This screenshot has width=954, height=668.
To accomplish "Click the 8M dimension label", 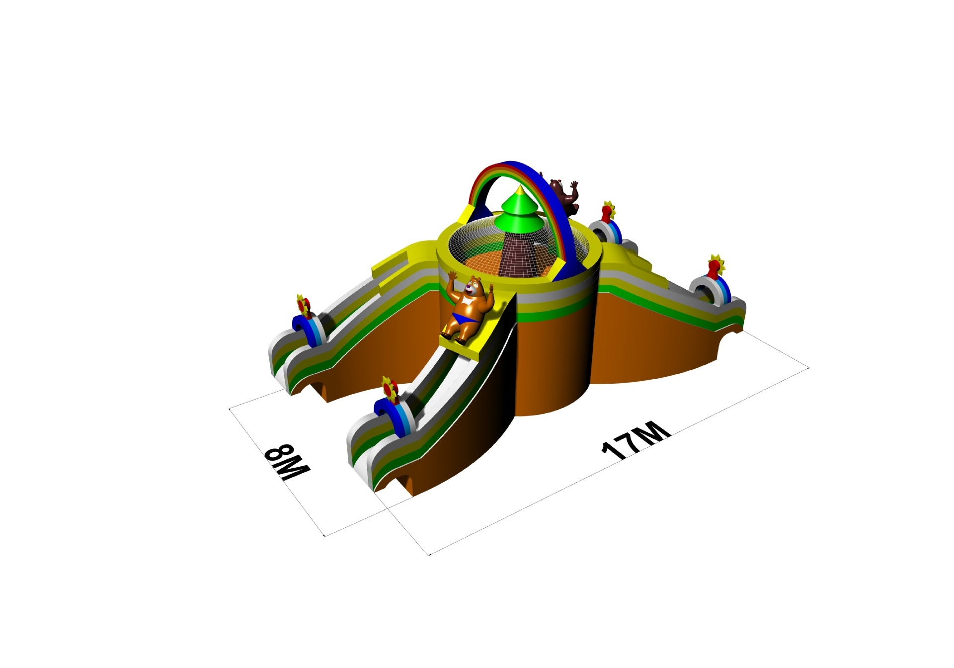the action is point(287,463).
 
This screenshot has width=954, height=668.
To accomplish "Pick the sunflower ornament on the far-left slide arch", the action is point(304,305).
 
